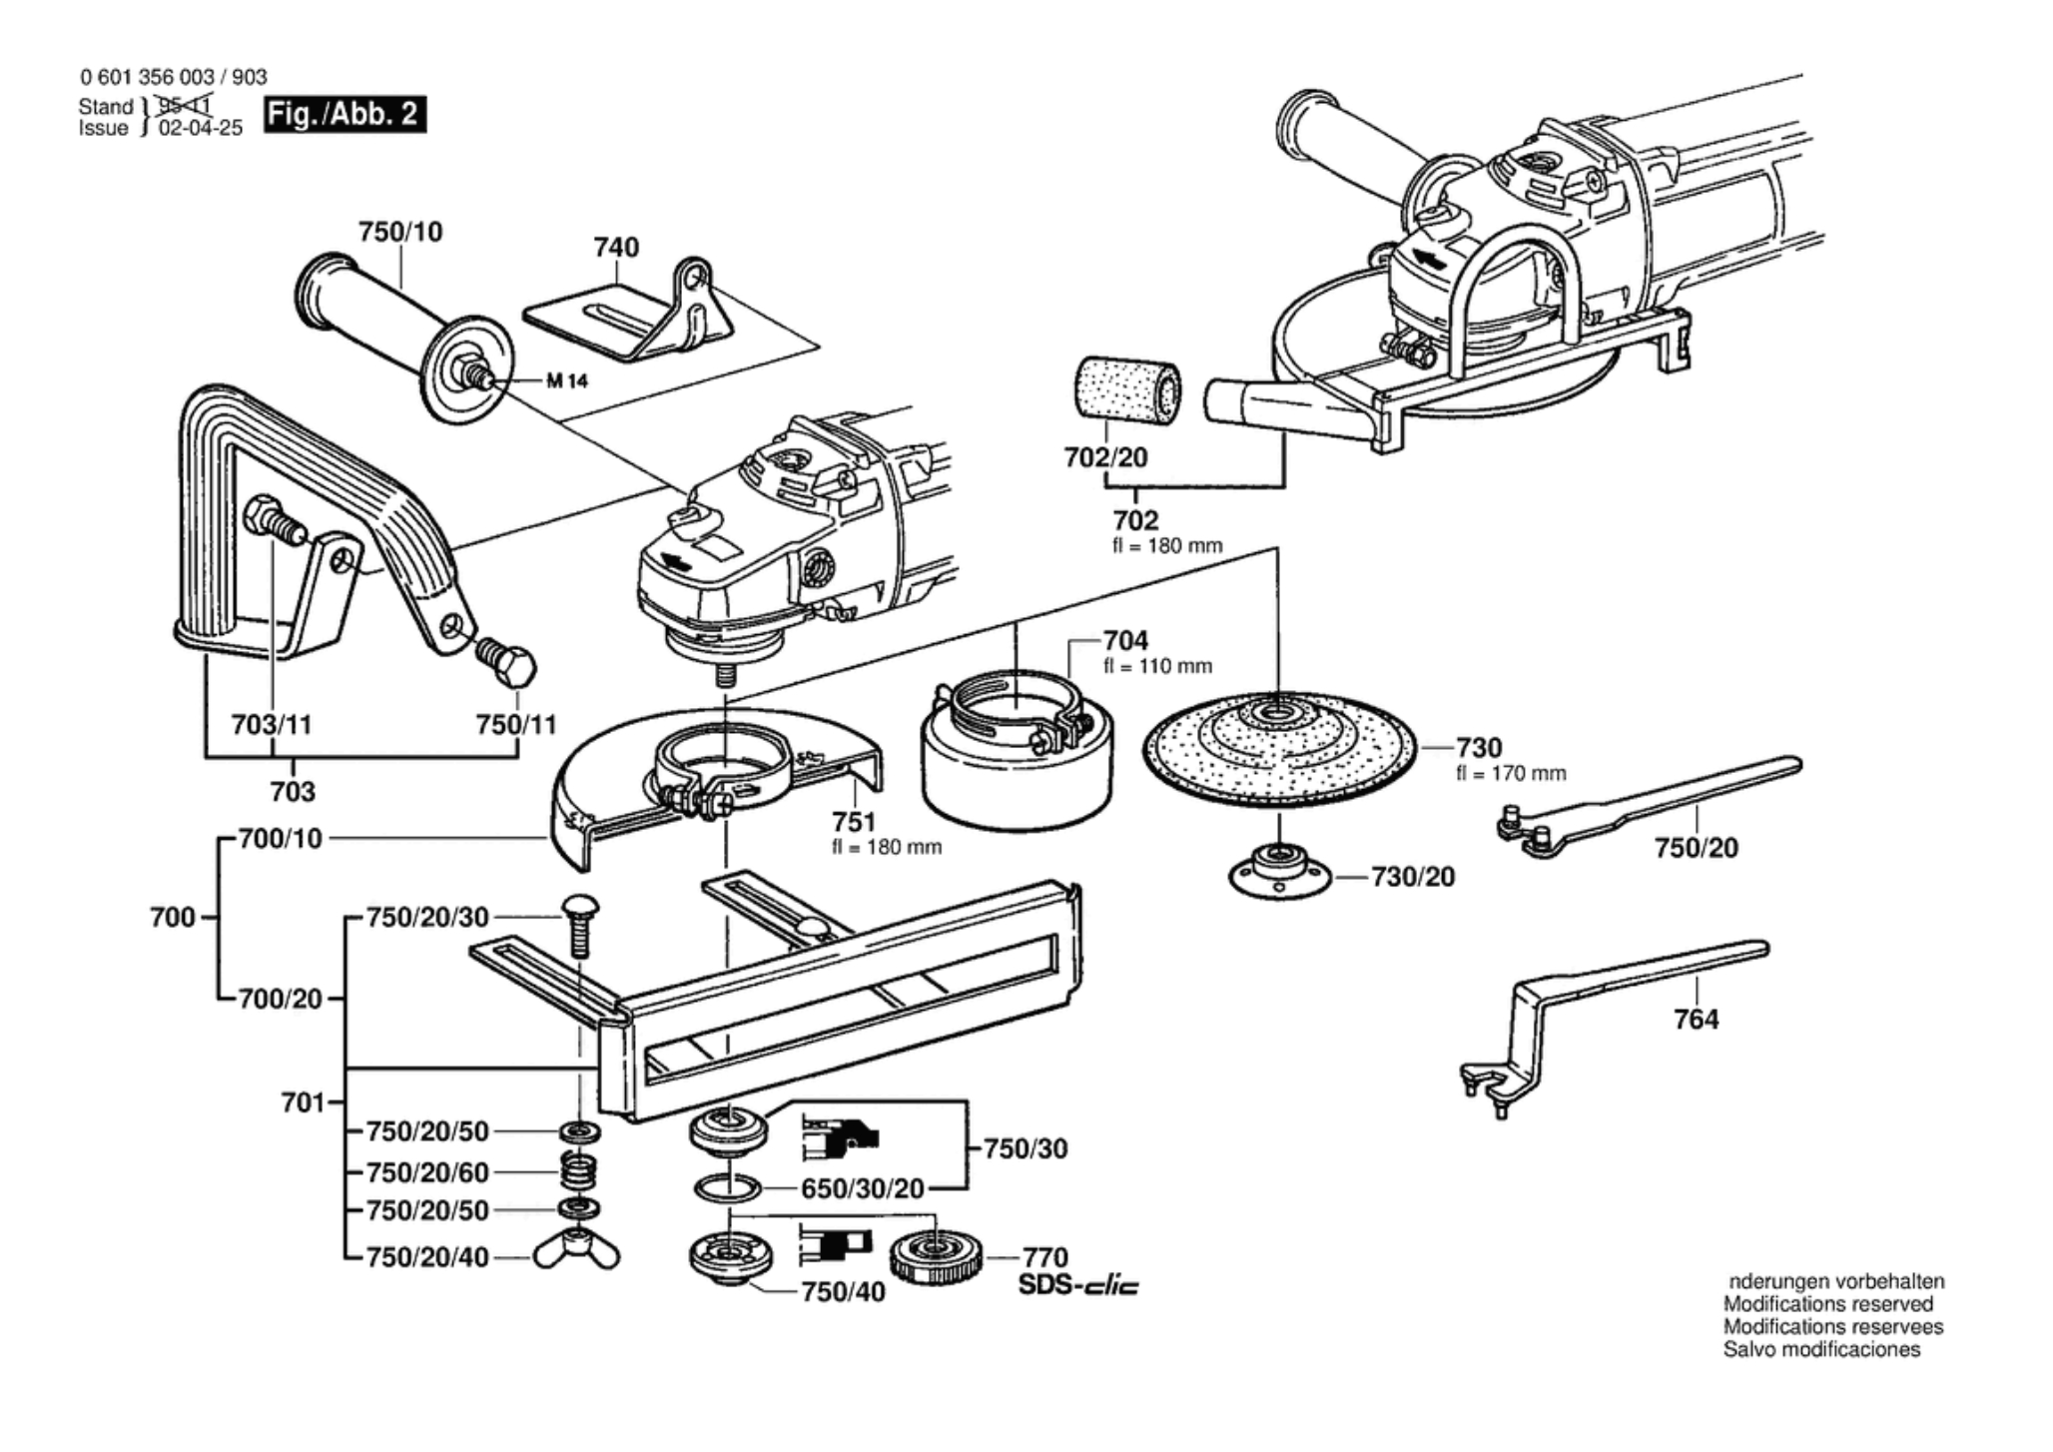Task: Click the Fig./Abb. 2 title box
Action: [344, 114]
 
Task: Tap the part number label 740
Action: [616, 247]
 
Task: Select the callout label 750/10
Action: [400, 232]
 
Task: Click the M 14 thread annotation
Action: [567, 380]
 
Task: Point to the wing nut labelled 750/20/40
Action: [576, 1253]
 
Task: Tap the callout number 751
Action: [855, 822]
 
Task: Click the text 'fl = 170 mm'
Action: [1511, 773]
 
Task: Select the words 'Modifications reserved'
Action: [1828, 1304]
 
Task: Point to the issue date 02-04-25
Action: [201, 128]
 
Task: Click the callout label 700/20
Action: [281, 999]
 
